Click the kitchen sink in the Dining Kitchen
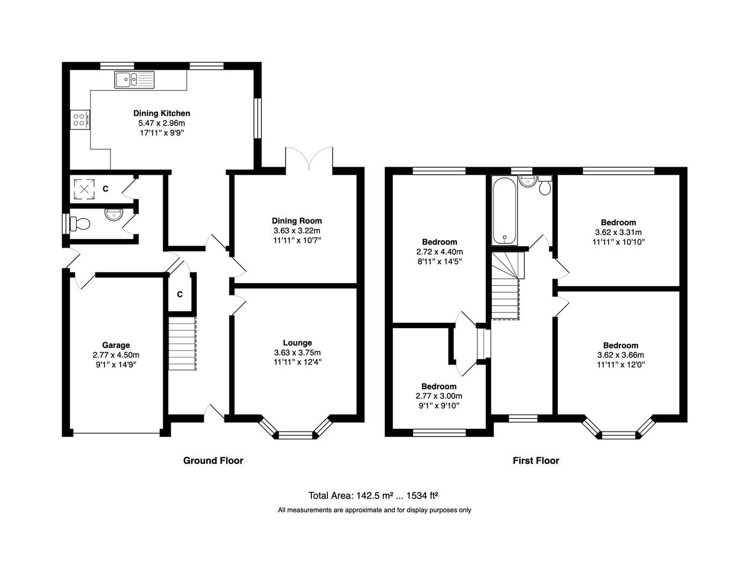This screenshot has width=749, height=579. pyautogui.click(x=134, y=80)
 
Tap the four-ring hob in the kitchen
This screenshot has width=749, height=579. pyautogui.click(x=80, y=120)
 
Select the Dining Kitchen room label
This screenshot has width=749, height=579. pyautogui.click(x=162, y=113)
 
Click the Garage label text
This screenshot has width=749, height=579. pyautogui.click(x=116, y=345)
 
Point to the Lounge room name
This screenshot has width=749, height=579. pyautogui.click(x=297, y=343)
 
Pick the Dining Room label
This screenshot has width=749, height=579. pyautogui.click(x=297, y=221)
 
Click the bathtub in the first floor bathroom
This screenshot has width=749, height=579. pyautogui.click(x=505, y=211)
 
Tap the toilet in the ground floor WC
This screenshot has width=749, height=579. pyautogui.click(x=80, y=224)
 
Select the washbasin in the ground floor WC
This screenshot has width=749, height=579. pyautogui.click(x=114, y=214)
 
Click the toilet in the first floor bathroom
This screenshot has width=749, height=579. pyautogui.click(x=545, y=185)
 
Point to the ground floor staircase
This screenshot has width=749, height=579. pyautogui.click(x=182, y=344)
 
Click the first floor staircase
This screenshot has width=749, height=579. pyautogui.click(x=506, y=286)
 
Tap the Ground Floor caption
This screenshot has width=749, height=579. pyautogui.click(x=213, y=461)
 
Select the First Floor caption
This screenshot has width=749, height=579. pyautogui.click(x=536, y=461)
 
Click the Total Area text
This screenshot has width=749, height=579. pyautogui.click(x=373, y=495)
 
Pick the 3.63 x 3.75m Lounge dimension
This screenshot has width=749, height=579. pyautogui.click(x=297, y=352)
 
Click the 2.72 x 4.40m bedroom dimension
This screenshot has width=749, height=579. pyautogui.click(x=439, y=252)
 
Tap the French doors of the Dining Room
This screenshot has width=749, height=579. pyautogui.click(x=309, y=159)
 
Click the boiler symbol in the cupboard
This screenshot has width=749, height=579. pyautogui.click(x=84, y=189)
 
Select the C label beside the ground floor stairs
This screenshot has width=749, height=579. pyautogui.click(x=180, y=294)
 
